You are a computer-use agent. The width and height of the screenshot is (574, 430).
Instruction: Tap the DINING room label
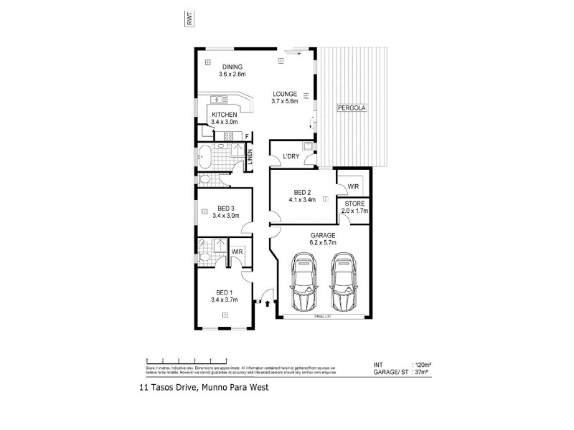pos(232,67)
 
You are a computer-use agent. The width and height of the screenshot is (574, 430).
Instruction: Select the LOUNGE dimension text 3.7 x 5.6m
pos(284,101)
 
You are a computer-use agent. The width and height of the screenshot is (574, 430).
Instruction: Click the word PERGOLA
pos(352,108)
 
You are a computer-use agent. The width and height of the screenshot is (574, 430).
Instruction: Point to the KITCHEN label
pos(224,115)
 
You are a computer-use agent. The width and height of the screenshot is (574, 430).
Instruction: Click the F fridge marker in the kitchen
pos(247,136)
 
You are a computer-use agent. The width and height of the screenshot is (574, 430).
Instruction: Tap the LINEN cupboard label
pos(250,158)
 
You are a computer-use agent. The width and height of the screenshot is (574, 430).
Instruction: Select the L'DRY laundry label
pos(291,156)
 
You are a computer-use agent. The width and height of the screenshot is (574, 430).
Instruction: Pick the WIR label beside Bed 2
pos(352,186)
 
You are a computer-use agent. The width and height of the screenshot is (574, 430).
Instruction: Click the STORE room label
pos(354,204)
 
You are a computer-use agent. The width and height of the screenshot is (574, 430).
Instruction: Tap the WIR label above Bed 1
pos(237,252)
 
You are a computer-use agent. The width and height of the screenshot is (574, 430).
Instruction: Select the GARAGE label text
pos(322,234)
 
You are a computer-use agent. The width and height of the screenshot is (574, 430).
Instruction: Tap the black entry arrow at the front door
pos(268,303)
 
